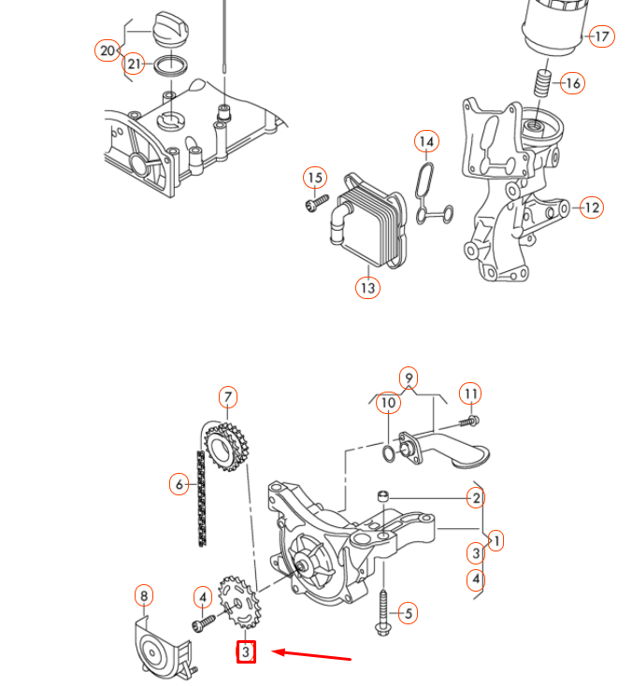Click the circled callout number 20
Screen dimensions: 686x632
point(108,50)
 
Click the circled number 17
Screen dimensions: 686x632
point(601,36)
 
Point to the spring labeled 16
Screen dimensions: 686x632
point(542,82)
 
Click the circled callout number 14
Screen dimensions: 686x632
point(426,142)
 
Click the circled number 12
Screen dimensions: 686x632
point(591,207)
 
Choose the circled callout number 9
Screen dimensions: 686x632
point(408,379)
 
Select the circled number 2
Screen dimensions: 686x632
point(476,498)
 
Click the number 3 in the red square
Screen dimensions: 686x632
point(246,651)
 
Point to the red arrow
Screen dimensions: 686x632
point(311,654)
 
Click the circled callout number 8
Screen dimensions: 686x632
point(143,595)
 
